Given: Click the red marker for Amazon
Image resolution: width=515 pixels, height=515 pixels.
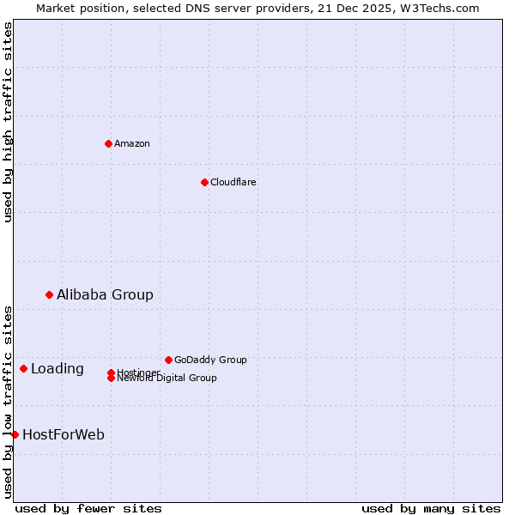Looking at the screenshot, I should click(x=108, y=143).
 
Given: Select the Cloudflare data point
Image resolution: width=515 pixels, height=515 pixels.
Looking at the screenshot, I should click(x=204, y=182).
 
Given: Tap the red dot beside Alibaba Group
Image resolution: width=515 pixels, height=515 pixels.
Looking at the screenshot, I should click(x=49, y=294).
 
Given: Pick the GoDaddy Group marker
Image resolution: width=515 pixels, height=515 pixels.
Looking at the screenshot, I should click(x=168, y=360).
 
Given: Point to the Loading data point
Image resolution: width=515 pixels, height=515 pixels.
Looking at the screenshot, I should click(x=23, y=368).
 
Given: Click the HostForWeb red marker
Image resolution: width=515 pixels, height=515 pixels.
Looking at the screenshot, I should click(x=15, y=434).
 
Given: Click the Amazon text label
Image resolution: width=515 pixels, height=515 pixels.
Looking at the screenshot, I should click(x=131, y=143).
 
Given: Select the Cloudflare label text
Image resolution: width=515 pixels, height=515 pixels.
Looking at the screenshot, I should click(x=233, y=182).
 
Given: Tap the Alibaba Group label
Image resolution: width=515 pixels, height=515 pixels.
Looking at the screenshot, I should click(x=105, y=294).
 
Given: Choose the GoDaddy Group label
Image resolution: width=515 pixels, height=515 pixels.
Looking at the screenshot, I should click(x=210, y=360).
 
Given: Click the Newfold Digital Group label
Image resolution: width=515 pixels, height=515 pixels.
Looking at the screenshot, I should click(x=167, y=379).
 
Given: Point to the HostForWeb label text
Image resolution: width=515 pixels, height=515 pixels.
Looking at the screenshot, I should click(x=64, y=434).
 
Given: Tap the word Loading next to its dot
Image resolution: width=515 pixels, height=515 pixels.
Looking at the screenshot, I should click(x=58, y=368).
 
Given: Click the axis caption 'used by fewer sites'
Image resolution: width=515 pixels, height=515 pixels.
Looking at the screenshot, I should click(x=88, y=508).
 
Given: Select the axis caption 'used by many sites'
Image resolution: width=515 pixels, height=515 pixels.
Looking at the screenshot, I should click(x=431, y=508).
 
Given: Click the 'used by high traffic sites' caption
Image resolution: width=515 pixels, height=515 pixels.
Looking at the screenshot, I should click(x=8, y=122).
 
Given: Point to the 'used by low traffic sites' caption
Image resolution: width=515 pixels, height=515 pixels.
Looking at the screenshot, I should click(x=8, y=402).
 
